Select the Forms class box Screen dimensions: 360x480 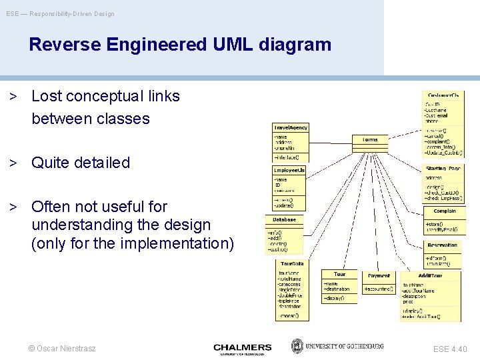pyautogui.click(x=370, y=140)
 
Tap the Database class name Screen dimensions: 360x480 pyautogui.click(x=284, y=219)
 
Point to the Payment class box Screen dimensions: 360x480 pyautogui.click(x=379, y=276)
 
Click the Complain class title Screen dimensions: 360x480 pyautogui.click(x=444, y=211)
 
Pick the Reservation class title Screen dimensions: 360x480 pyautogui.click(x=443, y=245)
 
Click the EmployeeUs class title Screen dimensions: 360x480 pyautogui.click(x=289, y=171)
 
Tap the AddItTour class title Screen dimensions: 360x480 pyautogui.click(x=430, y=275)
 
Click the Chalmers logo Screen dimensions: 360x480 pyautogui.click(x=243, y=348)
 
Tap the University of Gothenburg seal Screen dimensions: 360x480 pyautogui.click(x=298, y=347)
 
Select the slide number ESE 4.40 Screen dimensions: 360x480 pyautogui.click(x=450, y=349)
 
